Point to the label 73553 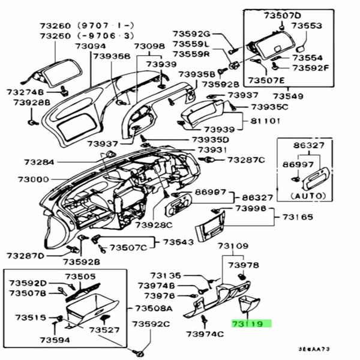coord(307,26)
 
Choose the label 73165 coord(298,217)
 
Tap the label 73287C coord(246,160)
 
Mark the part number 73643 coord(179,242)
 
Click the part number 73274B coord(25,92)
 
